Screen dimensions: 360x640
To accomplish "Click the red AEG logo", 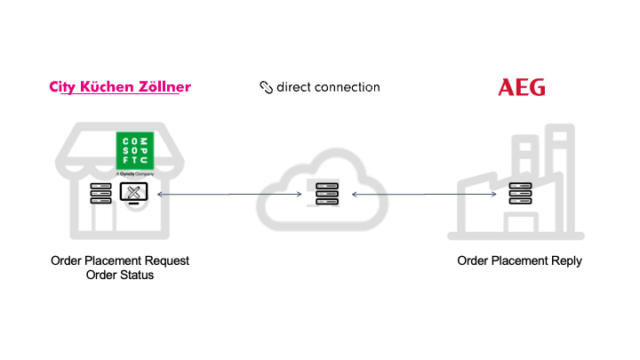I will tap(522, 87).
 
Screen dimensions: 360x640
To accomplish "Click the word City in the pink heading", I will tap(61, 87).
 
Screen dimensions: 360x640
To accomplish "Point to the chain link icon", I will tap(266, 87).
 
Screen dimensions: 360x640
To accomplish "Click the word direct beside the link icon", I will tap(294, 87).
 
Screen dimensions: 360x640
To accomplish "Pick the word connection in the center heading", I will tap(349, 87).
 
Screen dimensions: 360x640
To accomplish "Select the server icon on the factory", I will tap(520, 194).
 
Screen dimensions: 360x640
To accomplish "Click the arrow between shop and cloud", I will tap(226, 194).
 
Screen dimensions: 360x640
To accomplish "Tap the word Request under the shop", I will tap(166, 261).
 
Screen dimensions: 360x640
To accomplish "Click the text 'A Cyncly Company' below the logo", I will tap(136, 175).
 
